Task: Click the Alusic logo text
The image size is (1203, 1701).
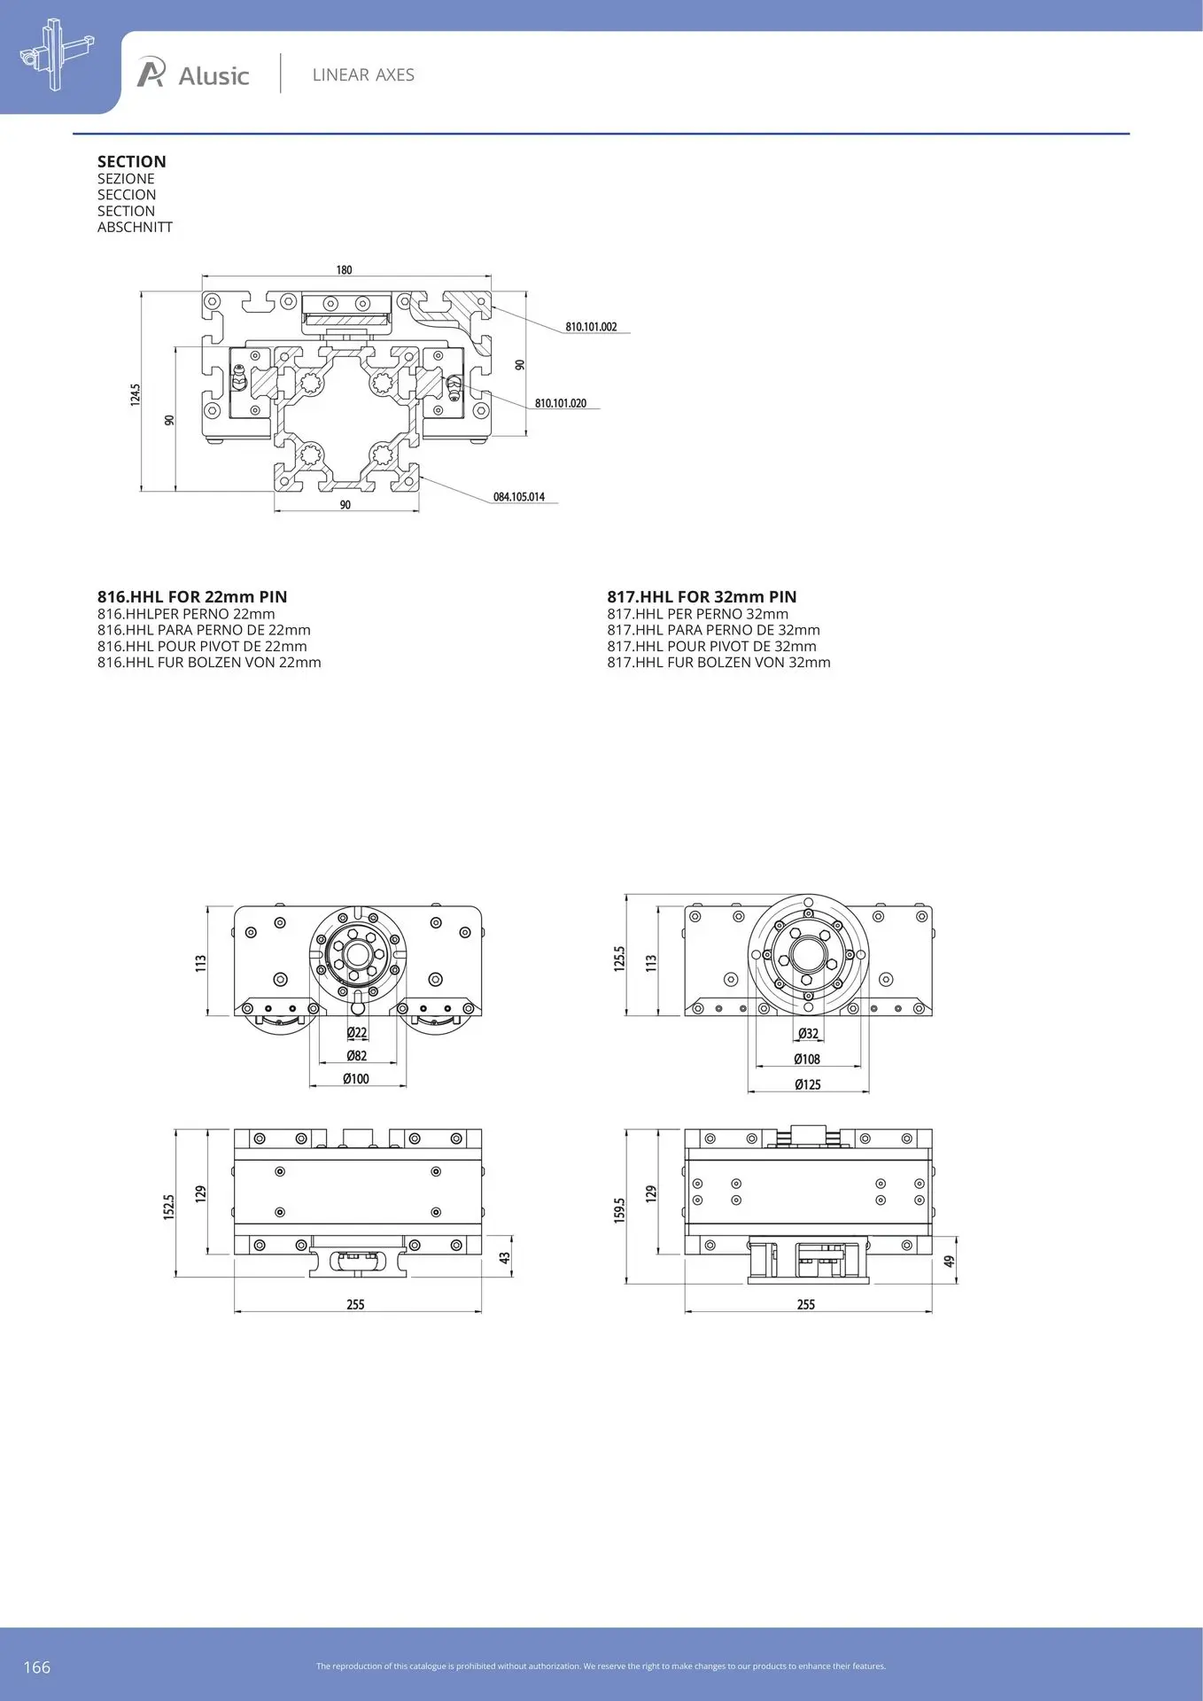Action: (x=213, y=76)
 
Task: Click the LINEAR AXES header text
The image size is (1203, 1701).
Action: (x=363, y=75)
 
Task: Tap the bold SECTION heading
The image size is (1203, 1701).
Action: (x=132, y=161)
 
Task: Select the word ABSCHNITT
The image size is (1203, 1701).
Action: (x=135, y=227)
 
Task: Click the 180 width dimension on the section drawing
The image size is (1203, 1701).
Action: (x=344, y=270)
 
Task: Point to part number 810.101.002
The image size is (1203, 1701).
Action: (x=591, y=327)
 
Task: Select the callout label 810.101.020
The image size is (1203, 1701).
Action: (x=561, y=403)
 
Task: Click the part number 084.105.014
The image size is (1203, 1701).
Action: (x=519, y=497)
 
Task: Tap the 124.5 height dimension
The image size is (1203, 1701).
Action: (x=136, y=394)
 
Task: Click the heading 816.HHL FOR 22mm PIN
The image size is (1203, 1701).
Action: (x=192, y=597)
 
